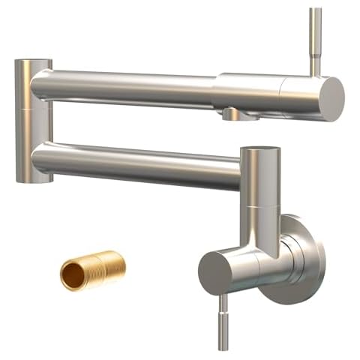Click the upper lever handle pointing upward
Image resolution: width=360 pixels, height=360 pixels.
(x=316, y=41)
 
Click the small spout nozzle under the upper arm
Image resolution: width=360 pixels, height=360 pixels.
(x=233, y=115)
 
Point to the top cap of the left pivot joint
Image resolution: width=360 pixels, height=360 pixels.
(x=34, y=62)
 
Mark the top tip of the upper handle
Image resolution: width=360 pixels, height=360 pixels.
(x=316, y=10)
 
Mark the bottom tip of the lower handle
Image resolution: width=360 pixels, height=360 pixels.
(x=223, y=347)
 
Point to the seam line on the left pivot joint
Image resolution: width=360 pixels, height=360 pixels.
(x=34, y=107)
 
